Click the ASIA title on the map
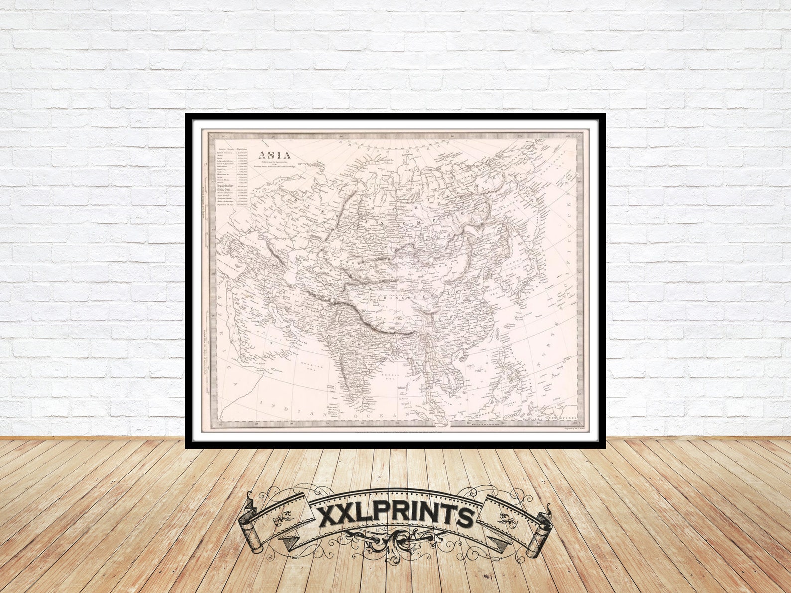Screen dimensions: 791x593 pos(274,154)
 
